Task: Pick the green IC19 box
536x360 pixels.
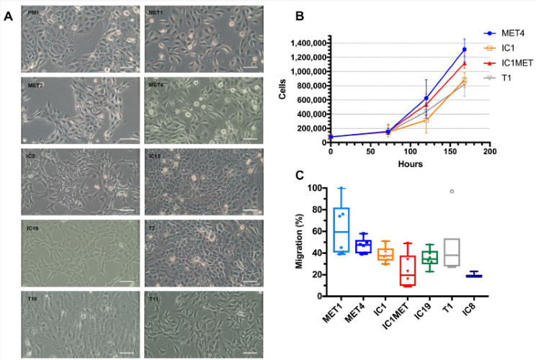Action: pyautogui.click(x=430, y=257)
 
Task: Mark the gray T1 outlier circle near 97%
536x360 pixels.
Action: pyautogui.click(x=452, y=192)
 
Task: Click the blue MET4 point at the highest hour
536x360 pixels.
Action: pyautogui.click(x=465, y=50)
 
